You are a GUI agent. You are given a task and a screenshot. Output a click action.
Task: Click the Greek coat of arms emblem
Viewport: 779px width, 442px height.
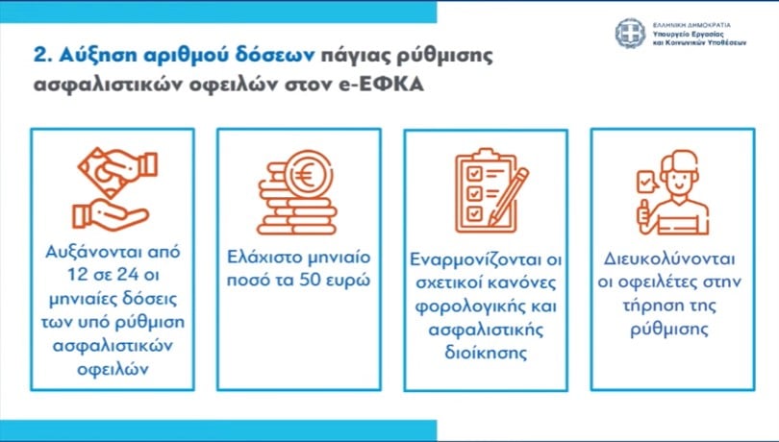click(x=630, y=34)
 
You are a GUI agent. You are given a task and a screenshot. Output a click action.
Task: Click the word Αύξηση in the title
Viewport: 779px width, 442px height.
click(x=96, y=55)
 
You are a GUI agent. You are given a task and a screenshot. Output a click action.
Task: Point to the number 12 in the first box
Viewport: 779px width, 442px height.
click(x=78, y=275)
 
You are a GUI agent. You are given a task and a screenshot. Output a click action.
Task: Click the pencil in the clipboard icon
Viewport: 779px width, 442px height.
click(x=508, y=196)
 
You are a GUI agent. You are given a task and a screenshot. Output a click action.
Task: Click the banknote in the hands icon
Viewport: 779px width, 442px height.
click(x=103, y=173)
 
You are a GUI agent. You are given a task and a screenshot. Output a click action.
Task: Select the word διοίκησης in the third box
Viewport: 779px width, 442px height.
click(x=486, y=354)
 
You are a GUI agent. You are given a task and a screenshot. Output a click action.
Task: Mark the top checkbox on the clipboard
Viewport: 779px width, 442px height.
click(x=475, y=174)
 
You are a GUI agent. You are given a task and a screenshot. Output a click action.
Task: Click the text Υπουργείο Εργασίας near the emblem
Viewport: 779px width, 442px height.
click(x=688, y=35)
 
